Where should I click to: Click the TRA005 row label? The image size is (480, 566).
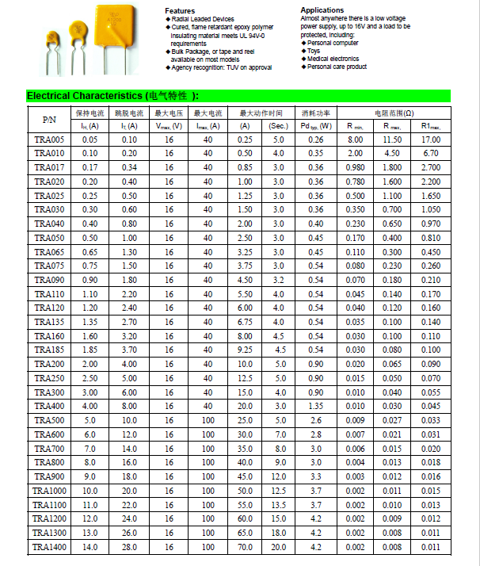click(49, 140)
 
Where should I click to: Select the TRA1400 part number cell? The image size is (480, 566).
click(49, 547)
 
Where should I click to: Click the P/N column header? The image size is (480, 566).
click(49, 120)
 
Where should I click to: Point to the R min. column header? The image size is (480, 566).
click(355, 126)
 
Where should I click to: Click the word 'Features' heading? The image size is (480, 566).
click(180, 10)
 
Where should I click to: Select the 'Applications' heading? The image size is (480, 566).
click(322, 10)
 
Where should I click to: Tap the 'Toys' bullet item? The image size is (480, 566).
click(315, 51)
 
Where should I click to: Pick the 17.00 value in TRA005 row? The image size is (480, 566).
click(431, 140)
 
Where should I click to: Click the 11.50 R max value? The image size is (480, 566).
click(392, 140)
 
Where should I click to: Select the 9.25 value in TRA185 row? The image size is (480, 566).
click(245, 350)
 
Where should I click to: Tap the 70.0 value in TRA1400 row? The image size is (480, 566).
click(245, 547)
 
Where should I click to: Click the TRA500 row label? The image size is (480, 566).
click(49, 420)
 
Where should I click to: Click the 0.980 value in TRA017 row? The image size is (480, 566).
click(355, 167)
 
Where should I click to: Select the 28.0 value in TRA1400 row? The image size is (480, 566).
click(129, 547)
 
